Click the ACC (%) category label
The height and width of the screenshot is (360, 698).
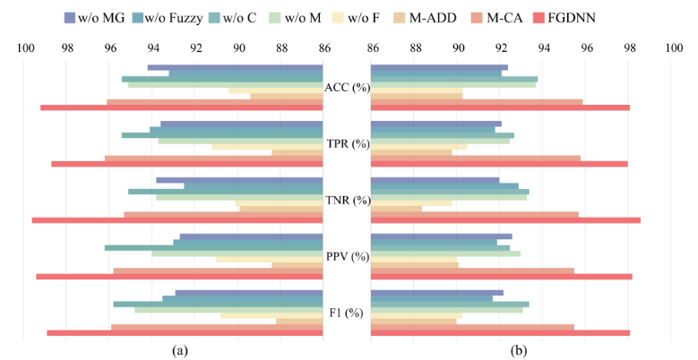(x=347, y=87)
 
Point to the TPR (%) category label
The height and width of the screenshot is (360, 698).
(x=347, y=143)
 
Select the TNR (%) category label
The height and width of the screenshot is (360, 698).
(x=347, y=200)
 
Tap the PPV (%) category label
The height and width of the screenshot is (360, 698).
(x=347, y=256)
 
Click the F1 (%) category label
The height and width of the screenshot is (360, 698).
(x=347, y=313)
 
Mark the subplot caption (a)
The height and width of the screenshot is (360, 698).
(x=180, y=350)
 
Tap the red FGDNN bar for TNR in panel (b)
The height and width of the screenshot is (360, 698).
(x=505, y=220)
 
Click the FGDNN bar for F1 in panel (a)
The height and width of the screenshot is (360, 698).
(x=185, y=333)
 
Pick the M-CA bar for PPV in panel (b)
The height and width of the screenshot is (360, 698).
(x=472, y=270)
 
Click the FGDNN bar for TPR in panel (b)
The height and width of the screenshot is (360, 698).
(x=499, y=164)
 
